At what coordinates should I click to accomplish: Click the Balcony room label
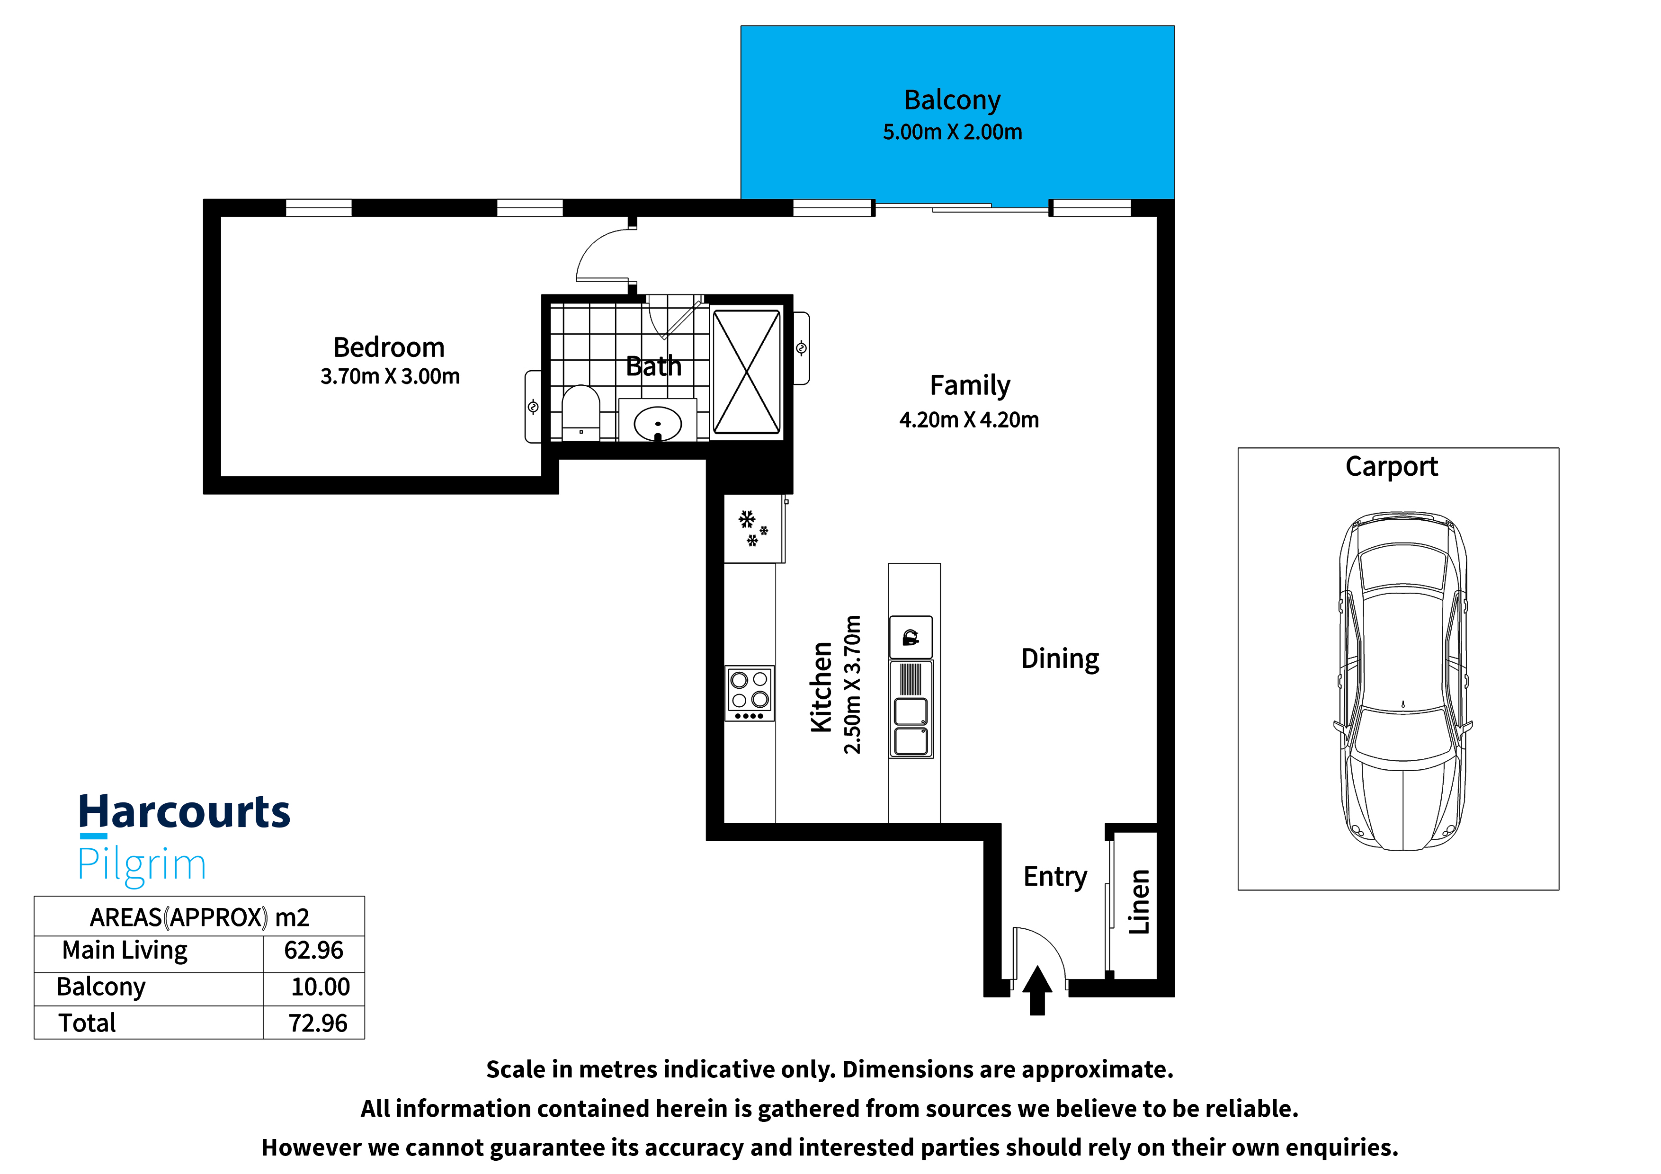tap(952, 100)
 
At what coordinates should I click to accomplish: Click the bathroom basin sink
tap(658, 424)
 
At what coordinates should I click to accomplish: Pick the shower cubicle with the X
tap(747, 372)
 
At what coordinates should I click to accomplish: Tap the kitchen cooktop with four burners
tap(750, 694)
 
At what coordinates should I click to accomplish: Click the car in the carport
tap(1403, 681)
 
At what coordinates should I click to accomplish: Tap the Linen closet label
tap(1139, 901)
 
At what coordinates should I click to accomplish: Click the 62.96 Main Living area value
tap(313, 951)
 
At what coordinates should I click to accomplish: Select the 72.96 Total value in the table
tap(318, 1023)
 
